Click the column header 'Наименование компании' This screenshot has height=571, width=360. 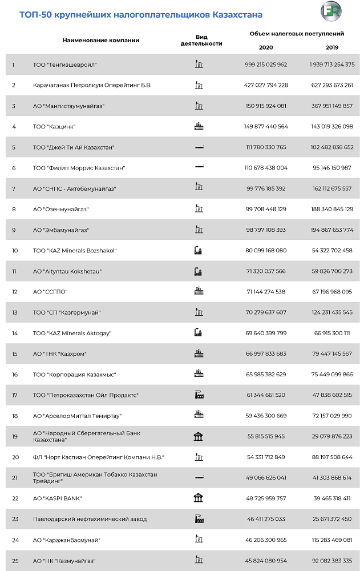(x=101, y=41)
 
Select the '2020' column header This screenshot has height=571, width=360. (x=266, y=47)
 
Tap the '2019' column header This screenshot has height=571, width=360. (x=332, y=47)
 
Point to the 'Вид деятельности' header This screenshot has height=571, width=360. (x=201, y=40)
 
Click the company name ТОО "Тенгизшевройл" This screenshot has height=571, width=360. (x=65, y=65)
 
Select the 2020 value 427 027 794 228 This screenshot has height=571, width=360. (x=266, y=85)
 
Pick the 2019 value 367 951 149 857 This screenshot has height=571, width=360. (x=332, y=106)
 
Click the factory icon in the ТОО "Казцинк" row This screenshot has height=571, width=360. (x=199, y=126)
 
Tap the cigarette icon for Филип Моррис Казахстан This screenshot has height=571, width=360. (x=199, y=167)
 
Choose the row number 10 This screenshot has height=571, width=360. (x=15, y=250)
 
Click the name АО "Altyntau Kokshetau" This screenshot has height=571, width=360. (x=67, y=271)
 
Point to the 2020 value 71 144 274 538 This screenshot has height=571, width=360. (x=266, y=291)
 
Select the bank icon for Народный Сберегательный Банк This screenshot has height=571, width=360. (x=199, y=436)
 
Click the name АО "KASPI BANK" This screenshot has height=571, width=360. (x=58, y=498)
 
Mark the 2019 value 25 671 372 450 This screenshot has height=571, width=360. (x=332, y=518)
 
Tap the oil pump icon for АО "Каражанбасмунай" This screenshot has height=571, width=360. (x=199, y=539)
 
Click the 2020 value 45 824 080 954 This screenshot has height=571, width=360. (x=266, y=560)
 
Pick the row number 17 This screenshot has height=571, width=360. (x=15, y=395)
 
